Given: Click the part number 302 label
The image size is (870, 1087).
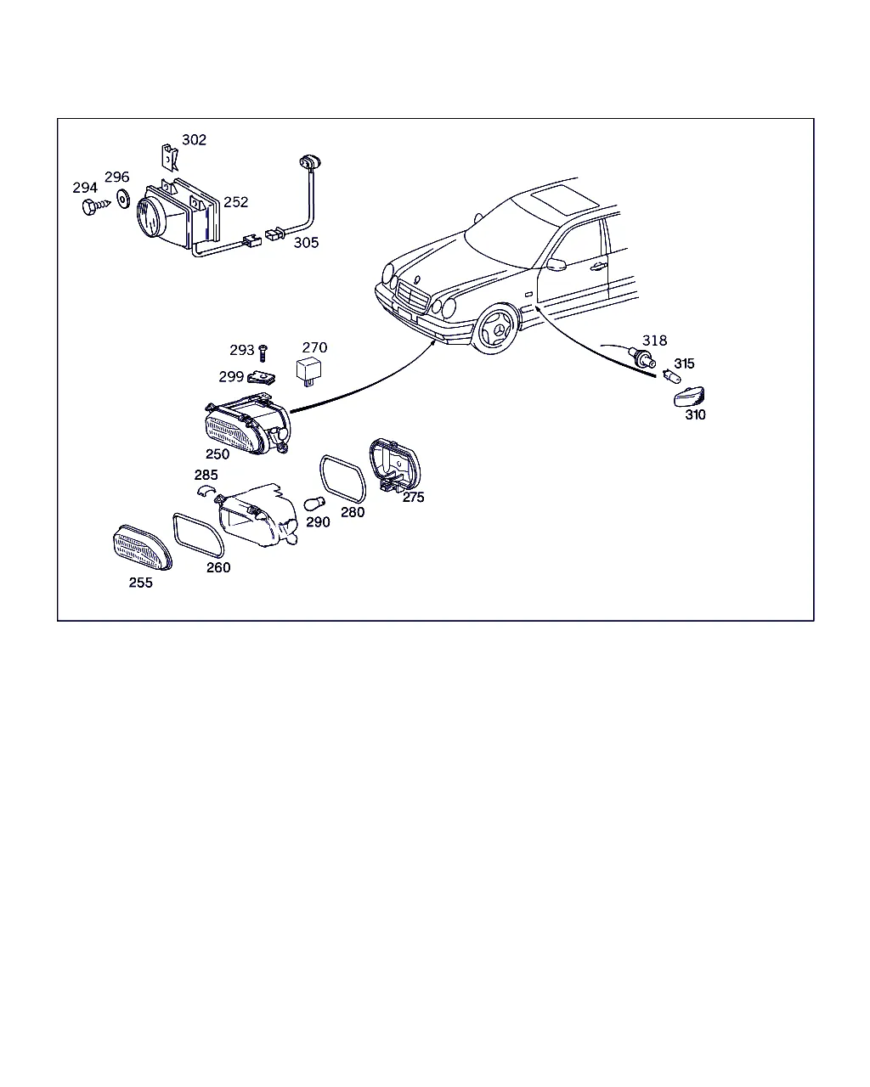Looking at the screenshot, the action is [x=194, y=139].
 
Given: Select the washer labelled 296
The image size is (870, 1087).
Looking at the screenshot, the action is [x=123, y=199].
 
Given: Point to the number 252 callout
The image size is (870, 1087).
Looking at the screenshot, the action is [x=235, y=202].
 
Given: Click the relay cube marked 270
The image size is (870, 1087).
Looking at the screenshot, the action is [x=309, y=371].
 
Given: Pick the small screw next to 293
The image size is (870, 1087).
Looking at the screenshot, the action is [x=263, y=353].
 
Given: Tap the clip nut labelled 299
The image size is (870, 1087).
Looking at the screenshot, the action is [x=262, y=377].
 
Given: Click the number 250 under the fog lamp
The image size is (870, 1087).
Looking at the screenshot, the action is [x=217, y=454].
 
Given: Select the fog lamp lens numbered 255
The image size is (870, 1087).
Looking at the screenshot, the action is [x=143, y=548].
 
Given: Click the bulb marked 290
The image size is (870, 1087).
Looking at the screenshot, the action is [x=314, y=504].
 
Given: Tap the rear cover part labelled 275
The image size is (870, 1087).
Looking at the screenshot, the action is [x=395, y=465].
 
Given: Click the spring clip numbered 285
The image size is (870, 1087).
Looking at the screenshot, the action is [x=206, y=489].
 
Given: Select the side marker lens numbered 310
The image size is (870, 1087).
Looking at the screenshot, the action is [x=689, y=397].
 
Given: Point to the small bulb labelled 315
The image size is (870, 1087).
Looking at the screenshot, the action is [x=672, y=376].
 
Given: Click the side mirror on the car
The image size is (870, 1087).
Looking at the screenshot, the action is [x=556, y=265].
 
